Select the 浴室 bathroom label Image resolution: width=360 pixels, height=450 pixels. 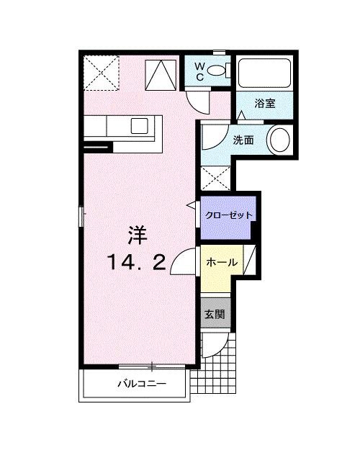(x=265, y=104)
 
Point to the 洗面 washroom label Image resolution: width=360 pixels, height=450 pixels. (x=242, y=140)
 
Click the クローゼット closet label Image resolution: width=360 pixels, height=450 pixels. (x=228, y=215)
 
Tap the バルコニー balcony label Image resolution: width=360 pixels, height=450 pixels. (x=142, y=384)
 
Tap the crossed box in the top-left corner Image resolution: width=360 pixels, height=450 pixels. (x=100, y=72)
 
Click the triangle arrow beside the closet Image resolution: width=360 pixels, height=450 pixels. (x=192, y=207)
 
